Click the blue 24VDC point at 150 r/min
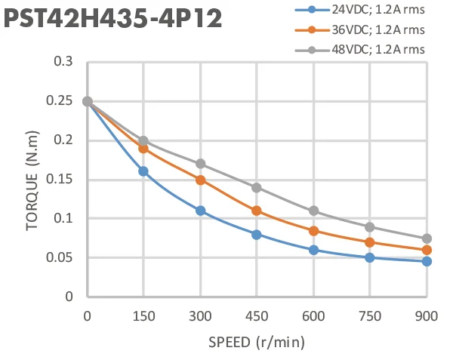coord(143,171)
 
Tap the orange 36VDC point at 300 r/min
coord(200,180)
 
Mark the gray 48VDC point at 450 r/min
coord(257,187)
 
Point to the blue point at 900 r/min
coord(427,261)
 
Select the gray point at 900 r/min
coord(427,238)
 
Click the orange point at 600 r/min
coord(313,230)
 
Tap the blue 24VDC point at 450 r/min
coord(257,234)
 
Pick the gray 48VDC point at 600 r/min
coord(313,211)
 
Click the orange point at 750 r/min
coord(370,242)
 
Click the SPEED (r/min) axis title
coord(257,343)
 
